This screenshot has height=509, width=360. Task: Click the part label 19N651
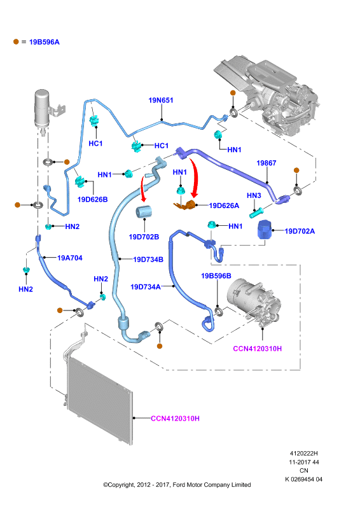click(x=161, y=101)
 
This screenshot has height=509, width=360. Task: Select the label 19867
click(x=267, y=163)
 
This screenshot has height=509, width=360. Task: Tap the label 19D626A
click(x=224, y=206)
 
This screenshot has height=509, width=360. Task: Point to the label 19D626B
click(x=92, y=199)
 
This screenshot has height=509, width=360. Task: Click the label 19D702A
click(x=300, y=231)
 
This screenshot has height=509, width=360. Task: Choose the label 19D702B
click(x=144, y=237)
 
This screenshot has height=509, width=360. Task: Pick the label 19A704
click(x=70, y=258)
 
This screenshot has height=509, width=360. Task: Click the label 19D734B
click(x=148, y=260)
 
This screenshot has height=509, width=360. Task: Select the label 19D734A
click(x=146, y=287)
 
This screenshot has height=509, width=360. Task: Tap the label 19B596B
click(x=216, y=276)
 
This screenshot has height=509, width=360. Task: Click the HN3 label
click(x=254, y=195)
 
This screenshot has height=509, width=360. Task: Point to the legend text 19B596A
click(x=44, y=42)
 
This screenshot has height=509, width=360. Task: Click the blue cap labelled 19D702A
click(x=264, y=230)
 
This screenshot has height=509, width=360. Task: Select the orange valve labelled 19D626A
click(x=186, y=206)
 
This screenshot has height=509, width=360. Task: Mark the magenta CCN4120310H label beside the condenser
click(x=176, y=419)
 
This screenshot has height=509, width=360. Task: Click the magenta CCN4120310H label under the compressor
click(x=258, y=349)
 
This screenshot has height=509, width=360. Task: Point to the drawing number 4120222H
click(x=304, y=454)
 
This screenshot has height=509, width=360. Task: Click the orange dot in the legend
click(x=16, y=41)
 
